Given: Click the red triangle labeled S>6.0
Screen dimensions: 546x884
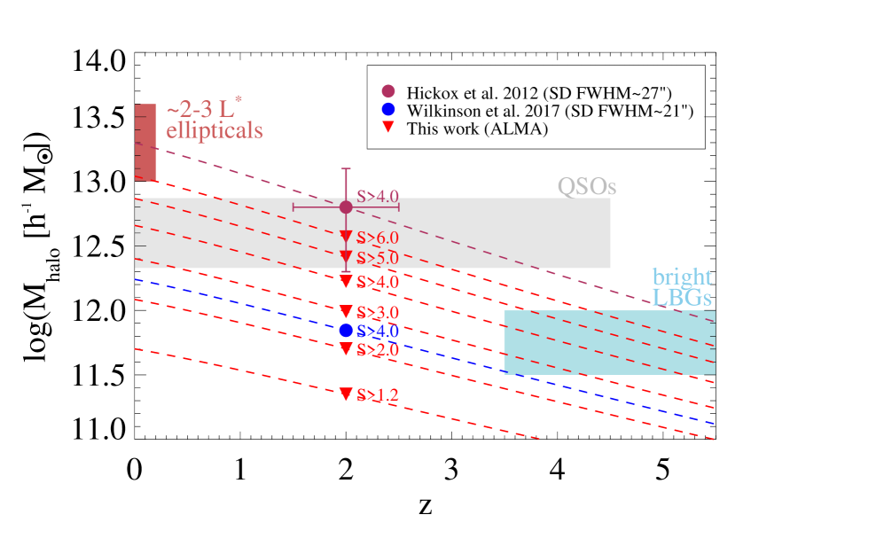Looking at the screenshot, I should tap(346, 236).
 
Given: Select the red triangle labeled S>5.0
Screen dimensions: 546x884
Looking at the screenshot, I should tap(346, 256).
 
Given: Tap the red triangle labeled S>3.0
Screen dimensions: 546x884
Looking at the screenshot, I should tap(346, 311).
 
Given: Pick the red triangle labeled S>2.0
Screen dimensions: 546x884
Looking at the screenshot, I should tap(346, 348).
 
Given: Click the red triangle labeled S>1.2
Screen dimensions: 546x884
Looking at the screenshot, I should tap(346, 394).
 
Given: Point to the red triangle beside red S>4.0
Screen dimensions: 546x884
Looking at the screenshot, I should tap(346, 281).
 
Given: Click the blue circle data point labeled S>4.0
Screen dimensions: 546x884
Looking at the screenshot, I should tap(346, 331).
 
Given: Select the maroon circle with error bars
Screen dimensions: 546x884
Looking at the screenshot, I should tap(346, 207).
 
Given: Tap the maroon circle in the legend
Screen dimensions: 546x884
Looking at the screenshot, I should tap(387, 90).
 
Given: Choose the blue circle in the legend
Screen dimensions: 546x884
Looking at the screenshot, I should tap(387, 109).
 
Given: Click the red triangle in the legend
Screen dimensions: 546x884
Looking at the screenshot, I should tap(387, 127).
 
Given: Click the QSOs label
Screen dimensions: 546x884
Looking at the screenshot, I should tap(586, 187).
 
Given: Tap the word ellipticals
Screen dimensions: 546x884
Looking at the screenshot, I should tap(215, 130).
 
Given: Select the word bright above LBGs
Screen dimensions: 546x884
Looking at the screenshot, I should tap(682, 277).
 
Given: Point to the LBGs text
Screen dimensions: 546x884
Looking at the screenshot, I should tap(682, 297).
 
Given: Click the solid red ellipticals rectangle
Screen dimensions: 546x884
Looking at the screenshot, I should tap(145, 142).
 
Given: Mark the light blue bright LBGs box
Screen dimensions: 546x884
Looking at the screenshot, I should tap(609, 342).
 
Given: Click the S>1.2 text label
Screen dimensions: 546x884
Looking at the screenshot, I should tap(378, 395).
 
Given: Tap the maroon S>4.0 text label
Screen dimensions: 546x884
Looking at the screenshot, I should tap(378, 197).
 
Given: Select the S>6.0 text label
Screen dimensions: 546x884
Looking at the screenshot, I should tap(378, 238).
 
